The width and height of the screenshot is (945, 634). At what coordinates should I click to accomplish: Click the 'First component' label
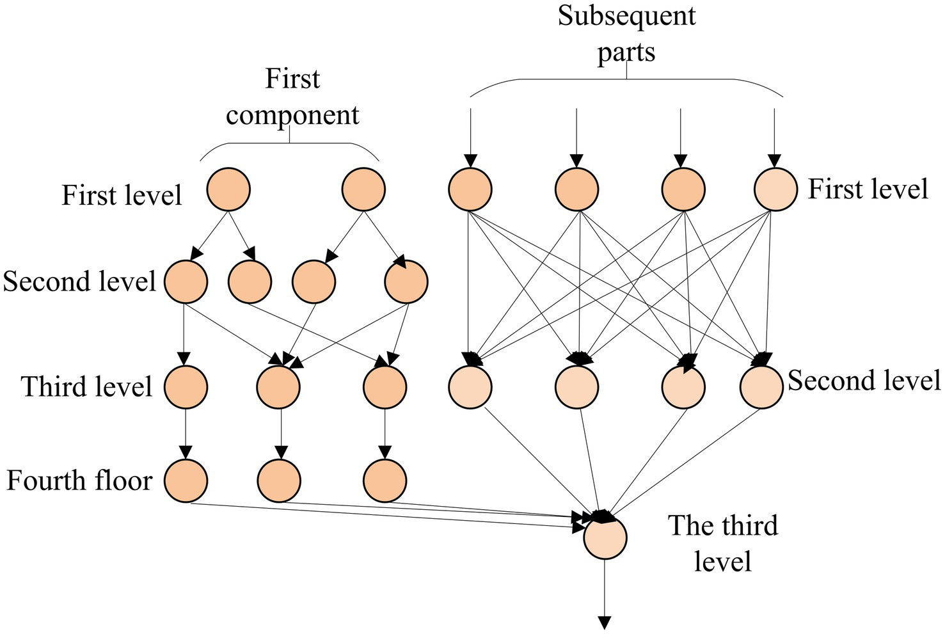292,97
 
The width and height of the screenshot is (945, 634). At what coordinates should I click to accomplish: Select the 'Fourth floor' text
79,480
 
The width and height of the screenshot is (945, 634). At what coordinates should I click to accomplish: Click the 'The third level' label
723,543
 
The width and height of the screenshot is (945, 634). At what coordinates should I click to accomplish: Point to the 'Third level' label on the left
87,387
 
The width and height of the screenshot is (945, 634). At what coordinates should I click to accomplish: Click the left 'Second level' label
79,281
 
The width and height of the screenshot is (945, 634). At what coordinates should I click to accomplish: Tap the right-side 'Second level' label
864,381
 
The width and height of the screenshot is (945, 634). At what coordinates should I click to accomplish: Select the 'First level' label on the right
868,189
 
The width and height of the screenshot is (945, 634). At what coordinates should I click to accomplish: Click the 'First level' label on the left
122,195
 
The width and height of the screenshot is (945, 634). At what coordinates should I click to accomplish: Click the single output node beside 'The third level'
605,537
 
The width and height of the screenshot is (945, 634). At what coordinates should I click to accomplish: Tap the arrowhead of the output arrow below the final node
605,622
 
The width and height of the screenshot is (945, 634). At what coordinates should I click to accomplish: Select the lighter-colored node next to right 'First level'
775,190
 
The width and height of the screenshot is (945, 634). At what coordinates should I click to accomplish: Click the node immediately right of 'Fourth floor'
186,480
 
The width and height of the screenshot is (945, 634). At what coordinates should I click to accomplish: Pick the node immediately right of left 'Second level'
186,281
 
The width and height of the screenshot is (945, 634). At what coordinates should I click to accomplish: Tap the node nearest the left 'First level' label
228,190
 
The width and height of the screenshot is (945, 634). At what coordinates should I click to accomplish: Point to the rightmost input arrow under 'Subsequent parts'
775,134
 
